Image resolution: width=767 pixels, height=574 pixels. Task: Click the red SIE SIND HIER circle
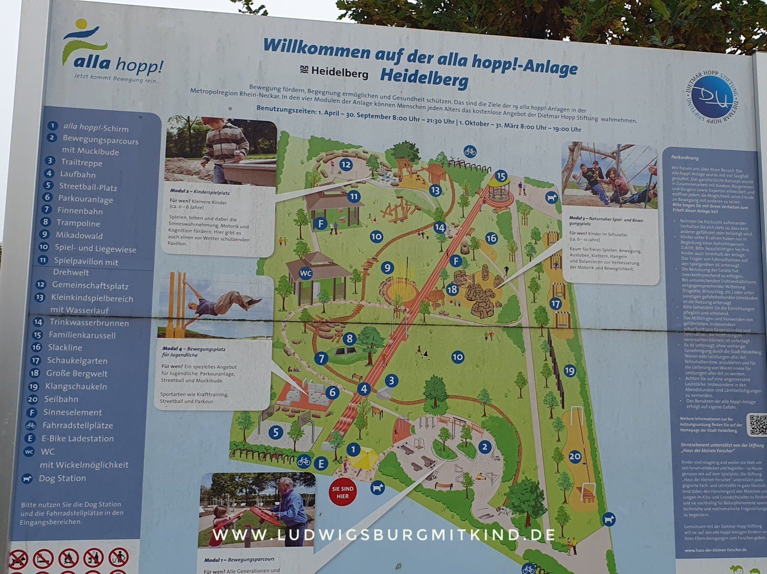(x=342, y=492)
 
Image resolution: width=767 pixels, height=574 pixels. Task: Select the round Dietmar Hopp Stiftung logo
(x=712, y=97)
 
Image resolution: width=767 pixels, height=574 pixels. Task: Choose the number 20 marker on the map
(x=574, y=456)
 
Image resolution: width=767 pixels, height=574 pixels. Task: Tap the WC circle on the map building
(x=306, y=273)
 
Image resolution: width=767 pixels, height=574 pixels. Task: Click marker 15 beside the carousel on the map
(x=501, y=176)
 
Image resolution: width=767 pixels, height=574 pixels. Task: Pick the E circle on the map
(x=321, y=463)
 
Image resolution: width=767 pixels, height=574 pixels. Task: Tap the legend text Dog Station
(x=62, y=478)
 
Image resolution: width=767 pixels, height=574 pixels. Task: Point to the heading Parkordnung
(x=685, y=158)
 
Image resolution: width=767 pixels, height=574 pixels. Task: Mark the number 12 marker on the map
(x=346, y=164)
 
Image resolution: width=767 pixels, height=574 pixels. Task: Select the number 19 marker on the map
(x=569, y=371)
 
